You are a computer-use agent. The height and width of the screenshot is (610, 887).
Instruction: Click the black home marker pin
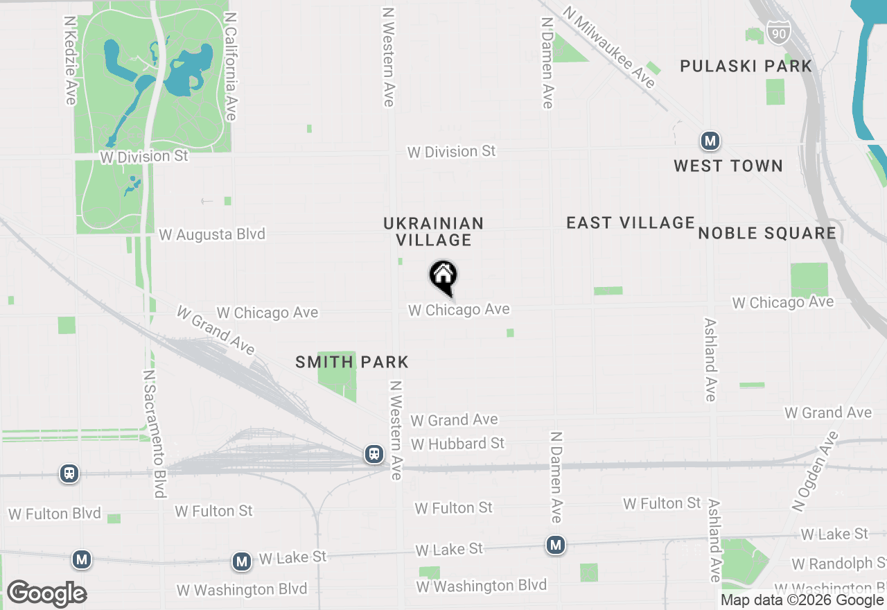pos(443,277)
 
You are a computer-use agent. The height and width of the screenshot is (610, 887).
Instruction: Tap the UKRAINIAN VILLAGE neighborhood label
pos(434,232)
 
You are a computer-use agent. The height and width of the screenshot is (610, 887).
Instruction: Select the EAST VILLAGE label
pos(631,223)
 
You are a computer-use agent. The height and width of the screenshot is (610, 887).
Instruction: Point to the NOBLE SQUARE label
pos(767,233)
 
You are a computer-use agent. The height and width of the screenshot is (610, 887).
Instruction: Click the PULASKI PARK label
pos(746,67)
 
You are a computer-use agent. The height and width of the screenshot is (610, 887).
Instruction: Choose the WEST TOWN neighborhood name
pos(728,166)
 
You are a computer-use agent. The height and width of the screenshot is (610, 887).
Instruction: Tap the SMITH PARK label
pos(352,362)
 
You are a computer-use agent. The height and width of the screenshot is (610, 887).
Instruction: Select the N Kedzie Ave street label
pos(70,61)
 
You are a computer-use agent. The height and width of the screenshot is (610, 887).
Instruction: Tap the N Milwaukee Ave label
pos(609,48)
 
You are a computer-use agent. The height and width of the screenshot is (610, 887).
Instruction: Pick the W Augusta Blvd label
pos(212,234)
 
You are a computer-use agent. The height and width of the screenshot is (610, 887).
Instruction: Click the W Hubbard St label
pos(458,443)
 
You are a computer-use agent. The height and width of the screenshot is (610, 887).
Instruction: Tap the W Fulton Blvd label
pos(55,514)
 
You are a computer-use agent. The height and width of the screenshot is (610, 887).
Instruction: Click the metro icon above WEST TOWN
pos(710,141)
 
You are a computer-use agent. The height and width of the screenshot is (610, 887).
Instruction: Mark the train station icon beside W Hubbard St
pos(374,454)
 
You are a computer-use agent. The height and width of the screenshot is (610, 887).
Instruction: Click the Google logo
pos(46,593)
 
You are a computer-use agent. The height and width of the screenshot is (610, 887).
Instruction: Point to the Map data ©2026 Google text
pos(802,600)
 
